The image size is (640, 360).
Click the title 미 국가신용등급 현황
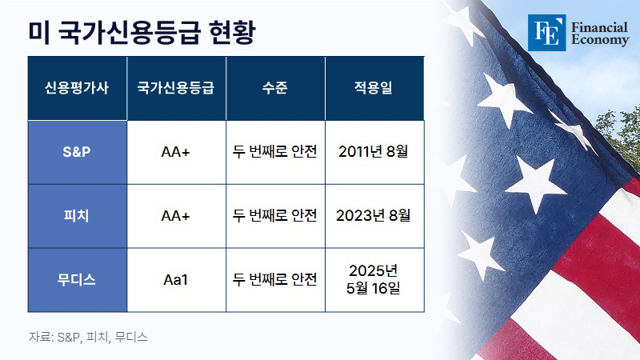(142, 32)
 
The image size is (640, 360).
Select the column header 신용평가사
(77, 88)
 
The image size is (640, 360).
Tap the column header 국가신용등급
(176, 88)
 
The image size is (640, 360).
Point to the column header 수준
(275, 88)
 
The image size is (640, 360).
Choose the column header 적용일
(374, 88)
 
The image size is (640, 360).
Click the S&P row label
(77, 152)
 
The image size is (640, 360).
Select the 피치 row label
(77, 215)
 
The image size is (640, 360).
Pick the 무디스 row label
(77, 279)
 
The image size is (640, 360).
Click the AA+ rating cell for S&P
(176, 152)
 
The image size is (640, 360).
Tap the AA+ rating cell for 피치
(176, 215)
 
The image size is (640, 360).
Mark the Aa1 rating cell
(176, 279)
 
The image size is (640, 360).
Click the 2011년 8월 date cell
(374, 151)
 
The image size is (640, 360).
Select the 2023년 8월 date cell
(374, 215)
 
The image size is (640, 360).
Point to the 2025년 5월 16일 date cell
(374, 279)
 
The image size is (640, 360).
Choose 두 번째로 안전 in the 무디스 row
(275, 279)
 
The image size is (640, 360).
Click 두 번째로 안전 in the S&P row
(275, 151)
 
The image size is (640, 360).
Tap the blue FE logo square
(547, 33)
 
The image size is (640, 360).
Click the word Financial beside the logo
(599, 27)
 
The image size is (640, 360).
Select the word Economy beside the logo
(600, 40)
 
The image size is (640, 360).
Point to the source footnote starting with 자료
(88, 337)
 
